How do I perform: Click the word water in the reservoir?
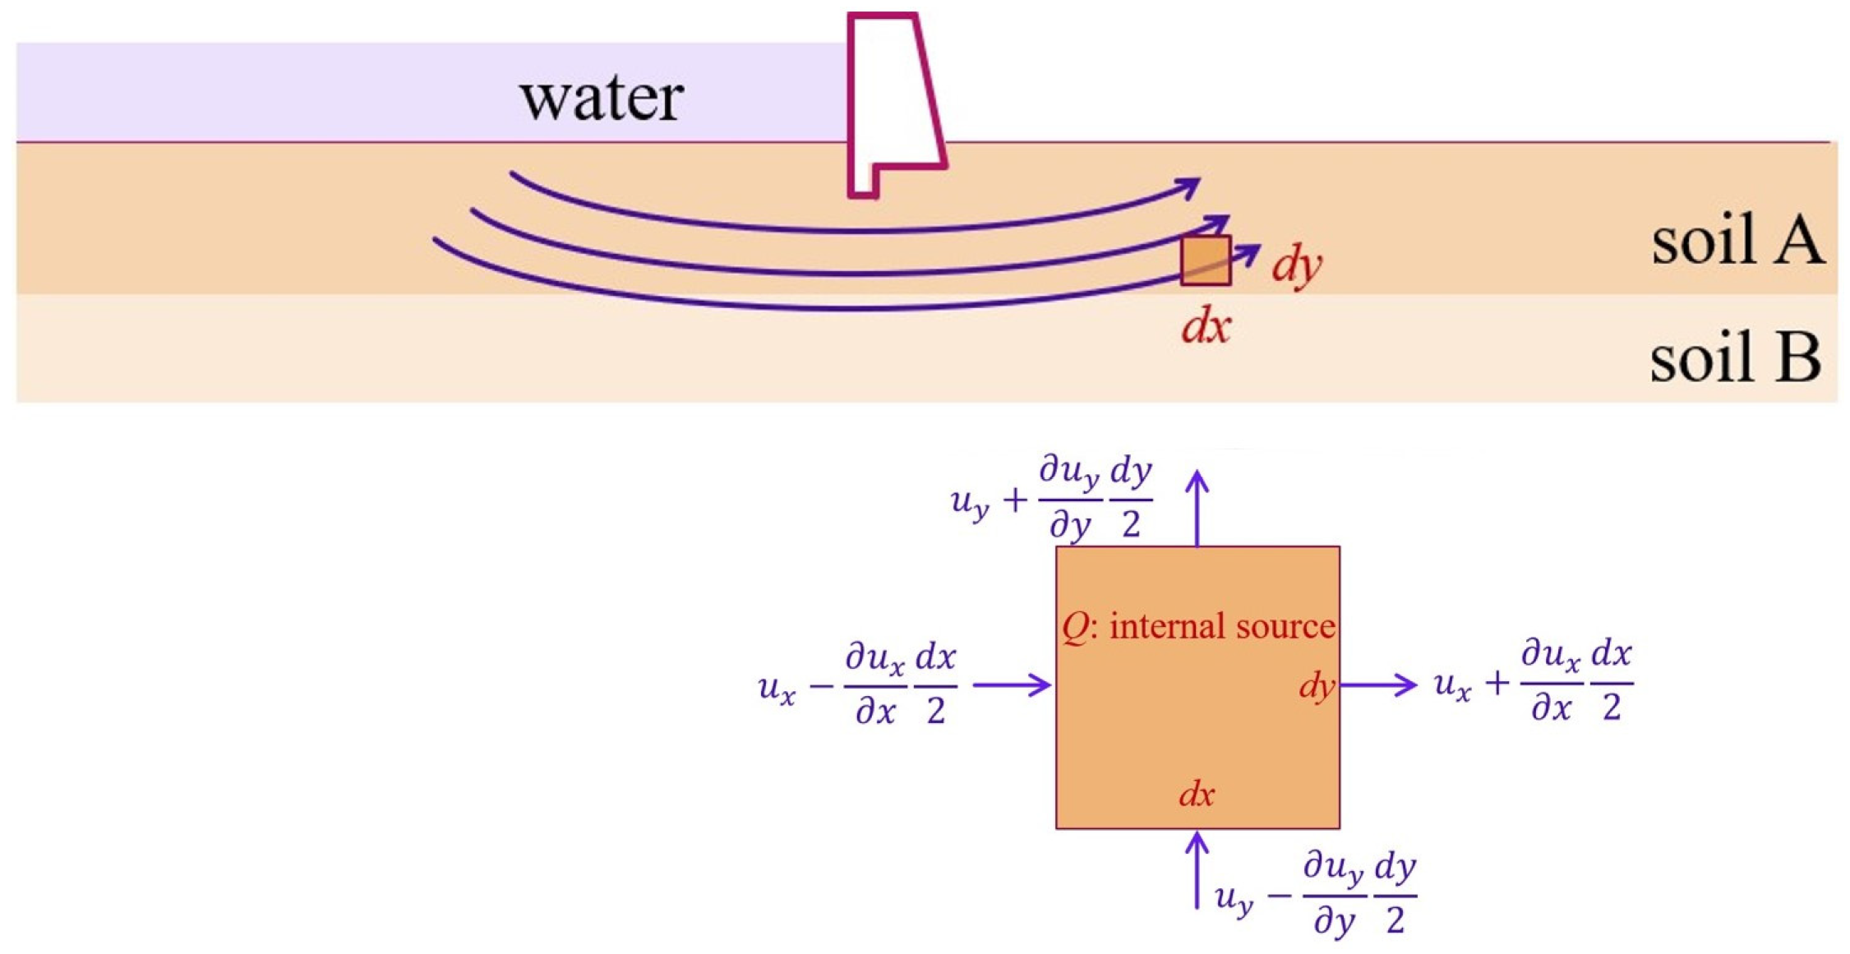pos(601,99)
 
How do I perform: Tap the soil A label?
pos(1737,240)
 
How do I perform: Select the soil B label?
pos(1735,358)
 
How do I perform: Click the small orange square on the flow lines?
pos(1206,260)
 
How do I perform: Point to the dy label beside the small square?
pos(1296,265)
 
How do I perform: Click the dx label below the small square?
pos(1206,327)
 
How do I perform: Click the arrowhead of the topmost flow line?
pos(1190,187)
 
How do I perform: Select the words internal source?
pos(1222,627)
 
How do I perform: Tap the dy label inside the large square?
pos(1316,684)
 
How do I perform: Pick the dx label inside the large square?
pos(1196,795)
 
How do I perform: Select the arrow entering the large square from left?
pos(1012,684)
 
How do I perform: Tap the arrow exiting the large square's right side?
pos(1378,684)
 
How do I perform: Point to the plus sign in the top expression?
pos(1016,500)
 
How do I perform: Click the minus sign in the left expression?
pos(821,685)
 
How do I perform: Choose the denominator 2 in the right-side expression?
pos(1612,707)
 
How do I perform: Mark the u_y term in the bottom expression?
pos(1234,897)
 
